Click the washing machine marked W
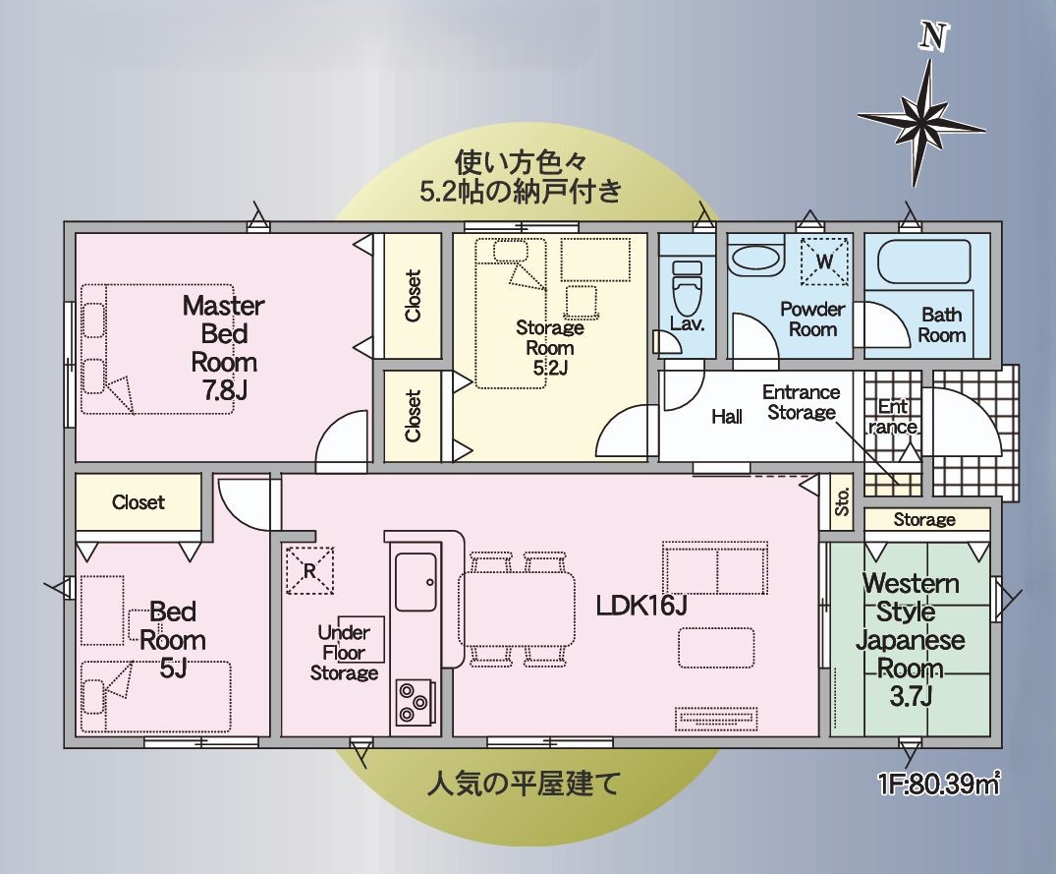coord(824,261)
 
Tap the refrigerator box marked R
coord(309,570)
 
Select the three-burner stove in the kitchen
coord(414,701)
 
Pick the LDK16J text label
coord(640,606)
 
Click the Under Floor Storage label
coord(344,653)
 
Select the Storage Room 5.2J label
coord(549,348)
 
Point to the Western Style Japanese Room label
coord(910,640)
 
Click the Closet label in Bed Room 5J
coord(139,502)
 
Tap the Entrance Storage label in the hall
coord(801,402)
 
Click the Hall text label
coord(727,417)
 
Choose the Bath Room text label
coord(942,325)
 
